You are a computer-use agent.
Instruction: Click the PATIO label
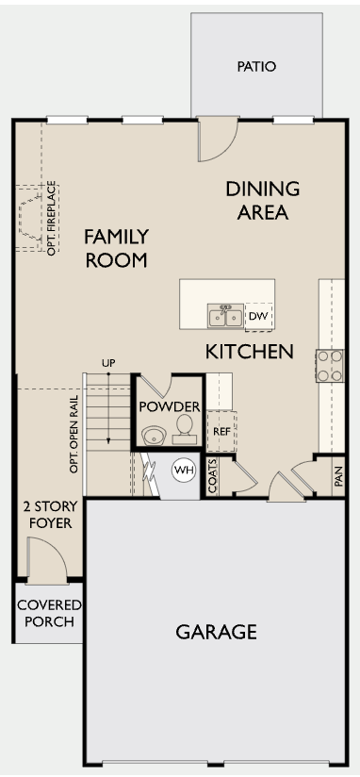tap(256, 66)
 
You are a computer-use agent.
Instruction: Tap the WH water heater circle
tap(184, 470)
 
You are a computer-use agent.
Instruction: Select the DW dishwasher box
tap(258, 316)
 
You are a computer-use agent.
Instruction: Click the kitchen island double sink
tap(225, 316)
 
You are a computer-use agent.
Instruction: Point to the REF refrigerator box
tap(221, 431)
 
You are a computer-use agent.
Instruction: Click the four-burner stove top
tap(330, 366)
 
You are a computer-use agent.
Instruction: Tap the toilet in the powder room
tap(185, 430)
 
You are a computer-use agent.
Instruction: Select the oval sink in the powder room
tap(154, 436)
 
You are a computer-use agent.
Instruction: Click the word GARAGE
tap(217, 632)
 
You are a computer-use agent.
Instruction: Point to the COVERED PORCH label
tap(49, 613)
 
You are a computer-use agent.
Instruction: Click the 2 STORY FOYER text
tap(51, 514)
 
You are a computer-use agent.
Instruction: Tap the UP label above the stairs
tap(108, 363)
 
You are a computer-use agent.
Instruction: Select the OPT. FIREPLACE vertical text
tap(52, 218)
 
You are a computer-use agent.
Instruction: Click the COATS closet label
tap(213, 475)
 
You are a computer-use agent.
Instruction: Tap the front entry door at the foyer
tap(47, 559)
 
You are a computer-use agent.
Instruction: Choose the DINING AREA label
tap(263, 200)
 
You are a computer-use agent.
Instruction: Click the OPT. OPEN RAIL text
tap(74, 434)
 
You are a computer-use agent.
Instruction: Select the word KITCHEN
tap(249, 352)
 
